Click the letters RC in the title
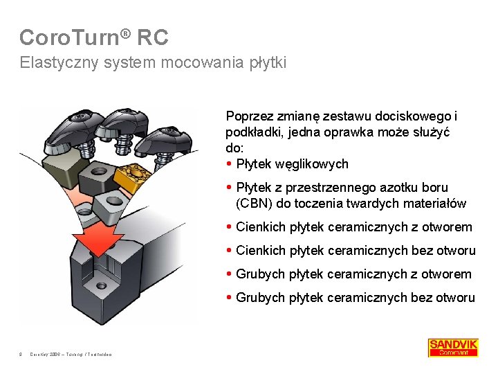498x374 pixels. [x=153, y=37]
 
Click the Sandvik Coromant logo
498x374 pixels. [x=453, y=347]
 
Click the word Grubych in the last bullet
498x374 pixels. [x=259, y=297]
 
